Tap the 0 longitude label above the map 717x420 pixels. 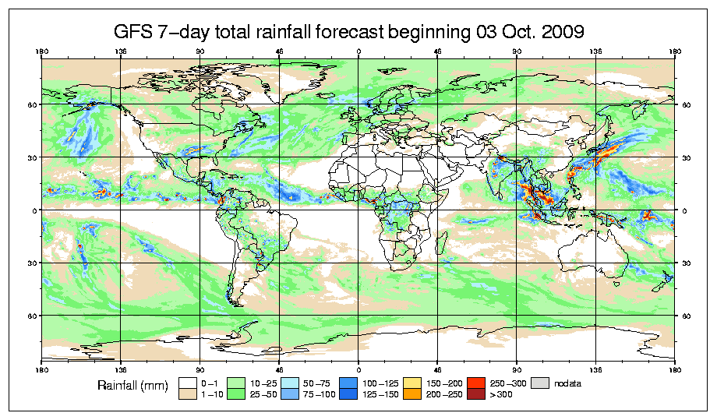click(x=358, y=53)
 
